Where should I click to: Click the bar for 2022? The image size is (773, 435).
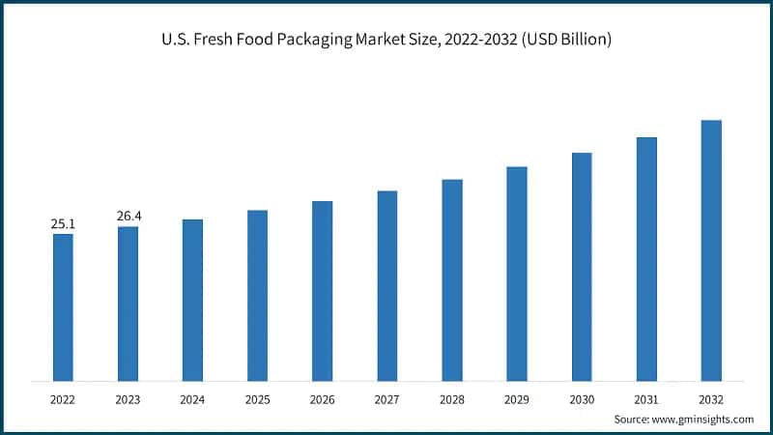click(x=63, y=307)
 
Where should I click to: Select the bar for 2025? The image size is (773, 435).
click(x=257, y=295)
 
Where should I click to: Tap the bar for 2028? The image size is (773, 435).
click(x=452, y=279)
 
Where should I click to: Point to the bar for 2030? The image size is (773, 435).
click(x=582, y=266)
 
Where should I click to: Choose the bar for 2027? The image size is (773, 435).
click(x=387, y=285)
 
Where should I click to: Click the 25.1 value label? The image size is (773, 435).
click(x=63, y=224)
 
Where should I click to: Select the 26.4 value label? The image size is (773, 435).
click(x=128, y=216)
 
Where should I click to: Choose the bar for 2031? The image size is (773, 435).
click(x=646, y=258)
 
